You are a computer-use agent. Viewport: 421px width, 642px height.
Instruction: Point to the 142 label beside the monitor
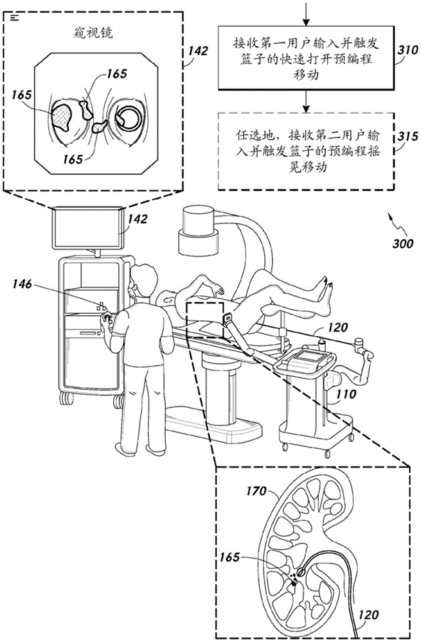point(138,219)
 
